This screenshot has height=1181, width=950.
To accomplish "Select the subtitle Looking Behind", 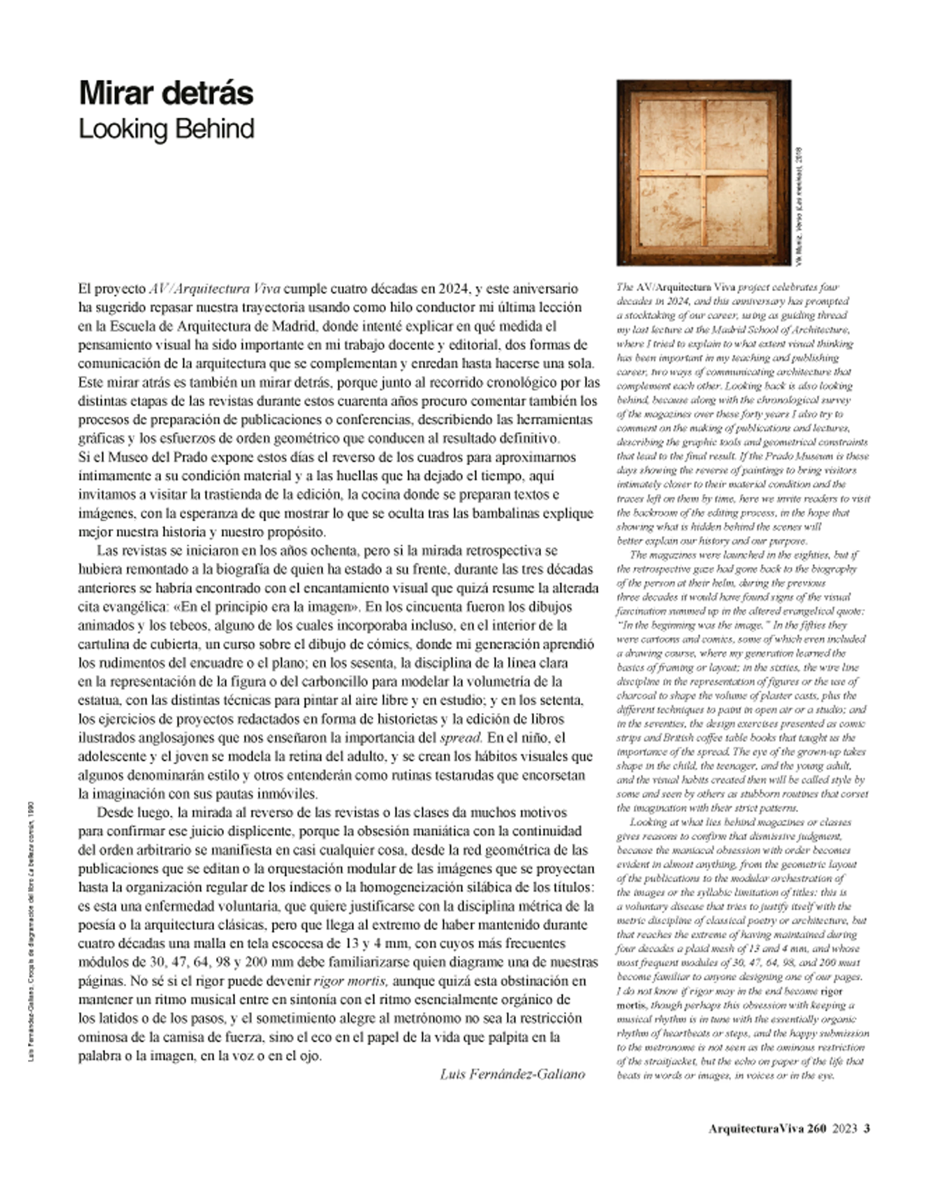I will pos(166,129).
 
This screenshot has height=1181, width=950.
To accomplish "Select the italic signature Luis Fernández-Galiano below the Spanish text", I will pos(513,1074).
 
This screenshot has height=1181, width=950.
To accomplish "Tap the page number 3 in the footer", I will pos(867,1129).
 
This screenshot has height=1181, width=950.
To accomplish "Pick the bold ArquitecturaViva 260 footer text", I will pos(766,1129).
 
